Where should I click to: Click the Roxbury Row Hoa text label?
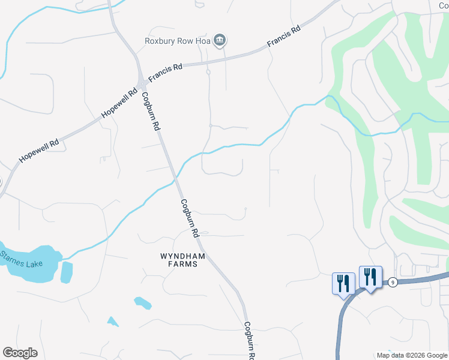pos(178,41)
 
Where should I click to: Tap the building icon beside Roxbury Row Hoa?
pos(220,41)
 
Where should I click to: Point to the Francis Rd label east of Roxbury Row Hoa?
pos(283,37)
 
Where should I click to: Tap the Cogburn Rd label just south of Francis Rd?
pos(151,111)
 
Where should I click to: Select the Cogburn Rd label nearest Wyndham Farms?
pos(190,217)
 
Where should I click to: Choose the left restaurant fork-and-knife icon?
pos(343,283)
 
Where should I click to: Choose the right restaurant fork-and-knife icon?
pos(370,277)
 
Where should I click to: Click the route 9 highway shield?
pos(392,281)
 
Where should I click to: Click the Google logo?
pos(20,353)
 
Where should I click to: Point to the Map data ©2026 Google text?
pos(411,355)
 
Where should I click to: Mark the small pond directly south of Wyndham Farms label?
pos(143,303)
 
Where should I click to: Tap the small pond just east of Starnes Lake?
pos(66,272)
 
